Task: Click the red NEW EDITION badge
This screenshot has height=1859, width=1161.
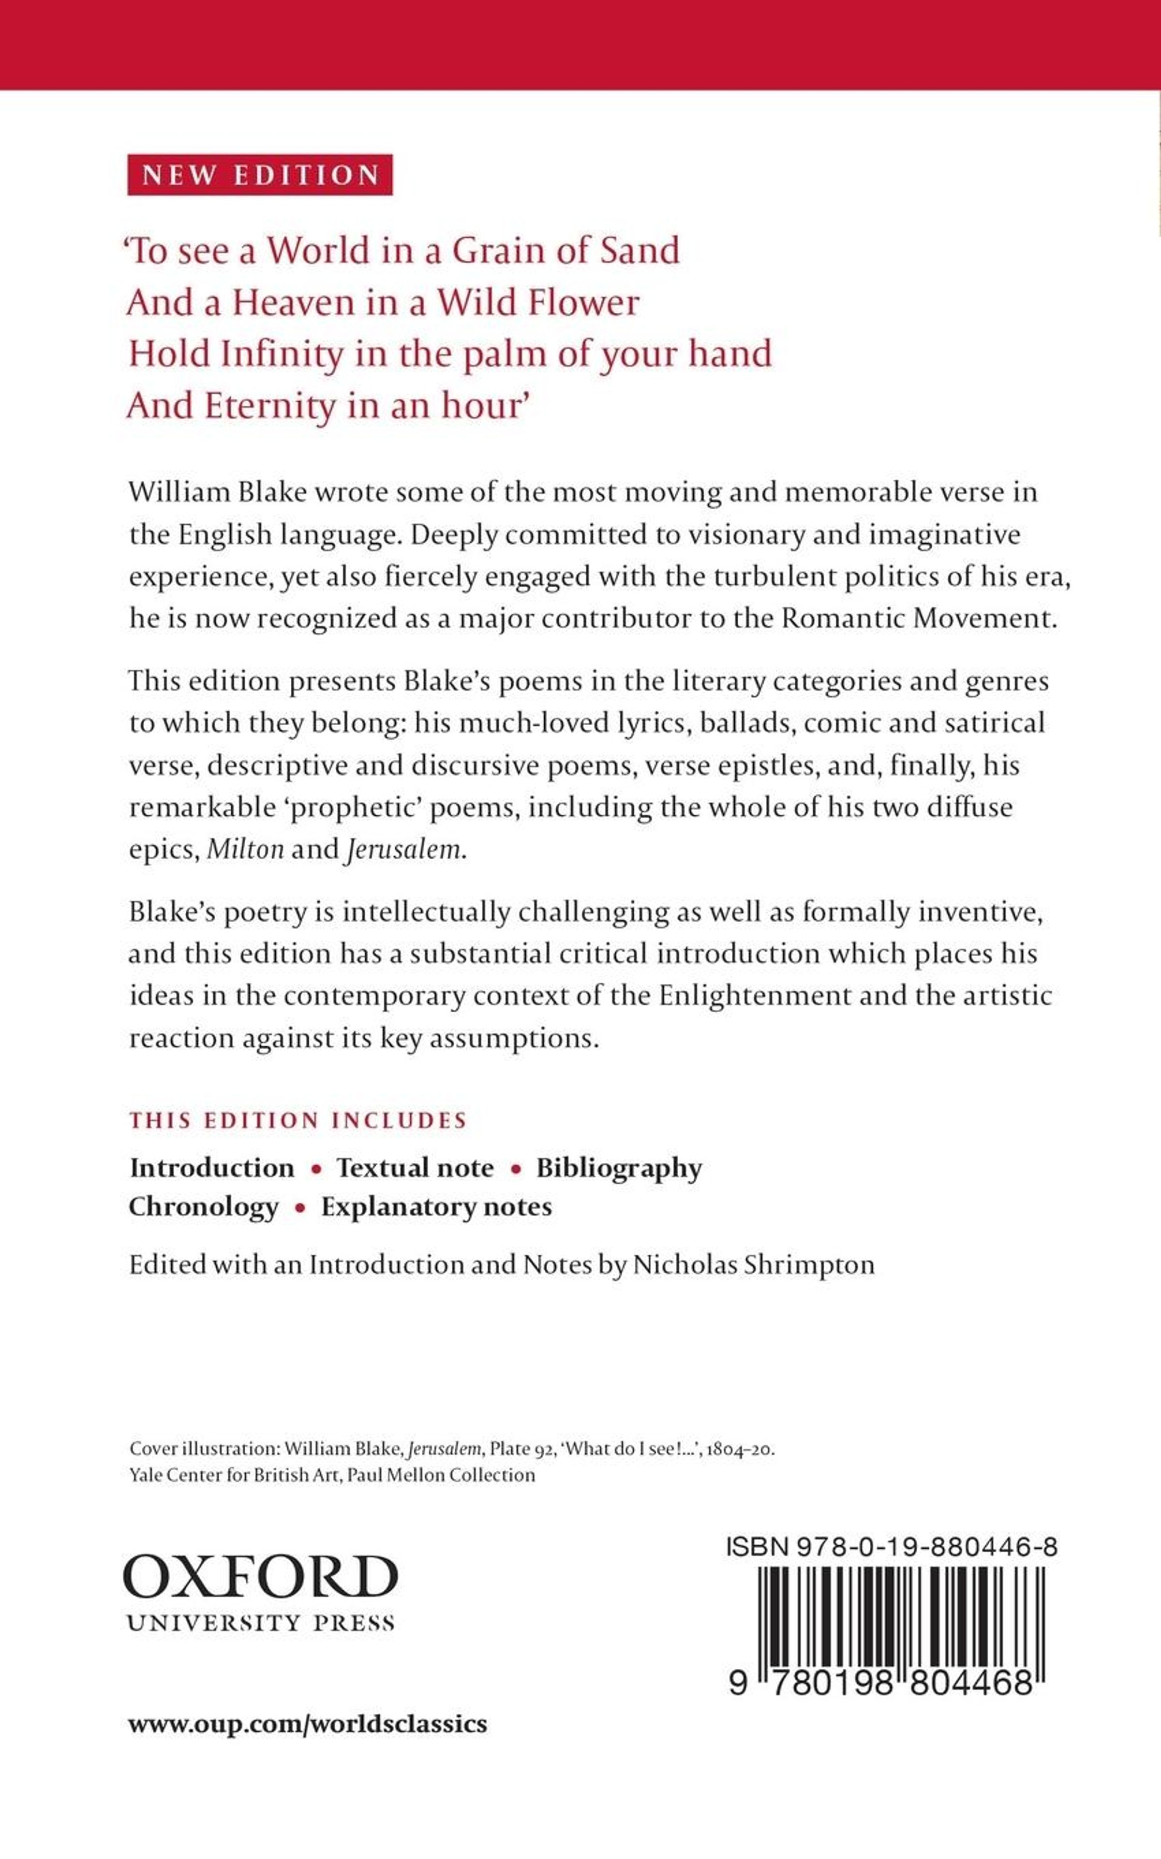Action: point(260,175)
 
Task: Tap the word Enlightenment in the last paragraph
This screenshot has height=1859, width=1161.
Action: point(755,995)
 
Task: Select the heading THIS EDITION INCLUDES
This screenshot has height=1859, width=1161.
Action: point(298,1120)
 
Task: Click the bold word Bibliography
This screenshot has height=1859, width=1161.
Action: point(619,1168)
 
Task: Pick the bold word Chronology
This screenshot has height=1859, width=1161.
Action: point(204,1207)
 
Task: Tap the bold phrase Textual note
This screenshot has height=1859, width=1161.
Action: point(415,1168)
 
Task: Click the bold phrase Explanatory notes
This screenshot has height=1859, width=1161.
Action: point(436,1207)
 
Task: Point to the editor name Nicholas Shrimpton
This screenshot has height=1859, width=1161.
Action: point(753,1265)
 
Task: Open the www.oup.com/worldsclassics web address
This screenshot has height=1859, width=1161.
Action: point(307,1724)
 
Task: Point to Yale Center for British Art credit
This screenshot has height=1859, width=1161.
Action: point(332,1475)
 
